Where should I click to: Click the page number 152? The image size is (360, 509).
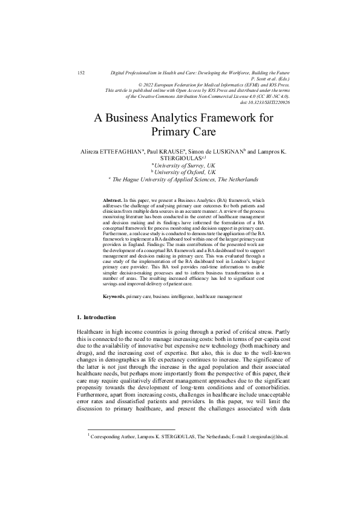point(82,73)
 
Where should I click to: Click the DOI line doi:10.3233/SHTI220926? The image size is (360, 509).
point(265,102)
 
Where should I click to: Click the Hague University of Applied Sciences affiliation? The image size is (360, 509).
point(185,179)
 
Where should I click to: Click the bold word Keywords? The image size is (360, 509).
point(114,297)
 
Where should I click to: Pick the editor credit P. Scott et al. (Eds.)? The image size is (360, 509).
point(270,79)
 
